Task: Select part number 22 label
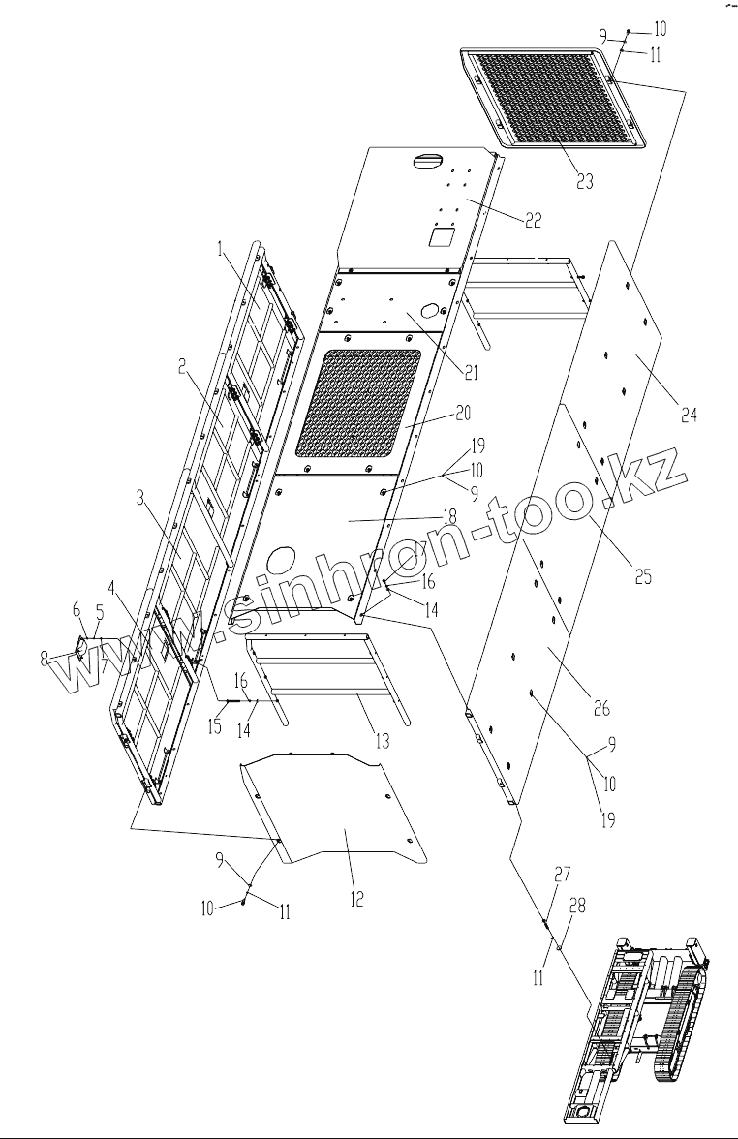click(x=533, y=221)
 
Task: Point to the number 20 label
click(x=462, y=413)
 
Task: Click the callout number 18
click(x=449, y=518)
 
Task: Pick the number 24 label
click(x=689, y=416)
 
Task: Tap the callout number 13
click(x=384, y=742)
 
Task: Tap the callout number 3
click(x=140, y=499)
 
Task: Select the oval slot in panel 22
click(x=427, y=162)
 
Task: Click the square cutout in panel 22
click(x=446, y=236)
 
